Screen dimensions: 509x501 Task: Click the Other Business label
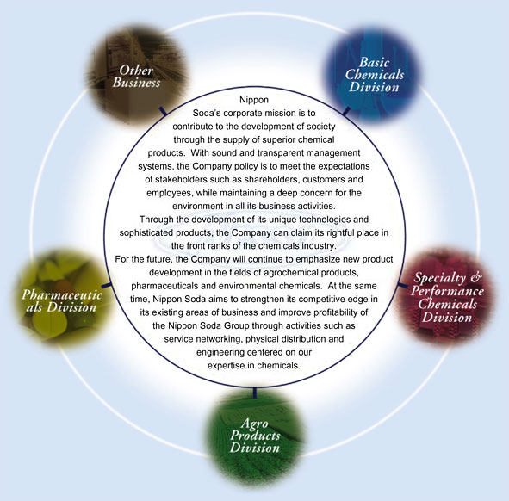click(136, 77)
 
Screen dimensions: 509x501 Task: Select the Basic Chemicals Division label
click(375, 75)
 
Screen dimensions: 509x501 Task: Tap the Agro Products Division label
click(255, 436)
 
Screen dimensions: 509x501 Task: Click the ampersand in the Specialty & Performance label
click(475, 277)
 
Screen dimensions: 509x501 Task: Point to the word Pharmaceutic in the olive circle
click(62, 294)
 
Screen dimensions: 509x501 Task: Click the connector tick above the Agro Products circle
click(255, 392)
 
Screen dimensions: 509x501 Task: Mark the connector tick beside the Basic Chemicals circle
click(346, 111)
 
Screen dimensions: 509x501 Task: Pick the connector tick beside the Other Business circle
click(163, 111)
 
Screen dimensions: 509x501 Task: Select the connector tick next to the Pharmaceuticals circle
click(107, 286)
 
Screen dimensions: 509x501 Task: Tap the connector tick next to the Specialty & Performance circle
click(403, 286)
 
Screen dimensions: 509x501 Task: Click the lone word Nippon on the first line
click(254, 100)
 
